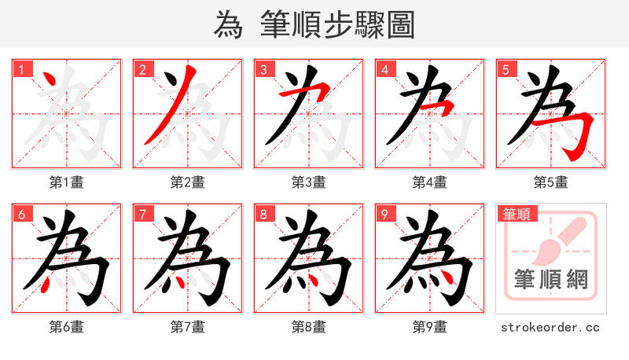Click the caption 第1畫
[x=67, y=182]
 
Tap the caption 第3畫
[x=309, y=182]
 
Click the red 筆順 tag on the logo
[x=517, y=213]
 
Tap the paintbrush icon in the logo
[x=559, y=240]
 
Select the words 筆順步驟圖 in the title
[x=338, y=25]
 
